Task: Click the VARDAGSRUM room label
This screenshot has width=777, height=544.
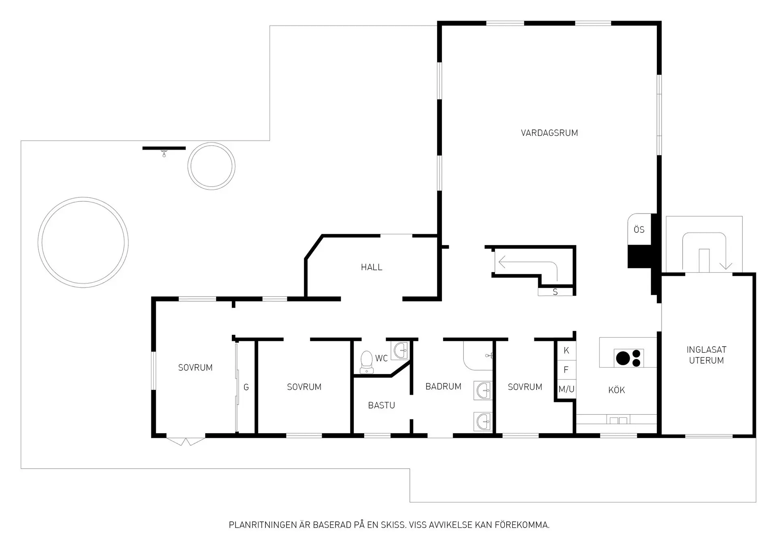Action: point(549,133)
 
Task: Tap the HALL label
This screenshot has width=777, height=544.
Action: point(372,267)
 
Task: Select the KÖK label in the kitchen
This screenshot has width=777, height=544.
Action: point(616,390)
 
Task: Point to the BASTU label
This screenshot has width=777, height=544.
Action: point(381,405)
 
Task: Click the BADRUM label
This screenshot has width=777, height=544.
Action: point(443,386)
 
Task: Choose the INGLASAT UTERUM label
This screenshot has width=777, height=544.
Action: point(706,355)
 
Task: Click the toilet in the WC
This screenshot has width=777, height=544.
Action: point(367,362)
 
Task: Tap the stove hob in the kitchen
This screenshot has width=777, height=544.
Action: point(629,358)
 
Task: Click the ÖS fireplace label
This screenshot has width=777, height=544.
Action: point(639,229)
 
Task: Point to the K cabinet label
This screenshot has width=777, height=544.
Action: point(566,350)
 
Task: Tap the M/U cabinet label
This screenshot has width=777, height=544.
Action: point(566,389)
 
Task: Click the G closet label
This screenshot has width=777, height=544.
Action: point(246,387)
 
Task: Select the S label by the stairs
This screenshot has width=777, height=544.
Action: point(555,292)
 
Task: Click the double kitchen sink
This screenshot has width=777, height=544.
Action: point(618,420)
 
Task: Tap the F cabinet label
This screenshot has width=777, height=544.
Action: point(566,370)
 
